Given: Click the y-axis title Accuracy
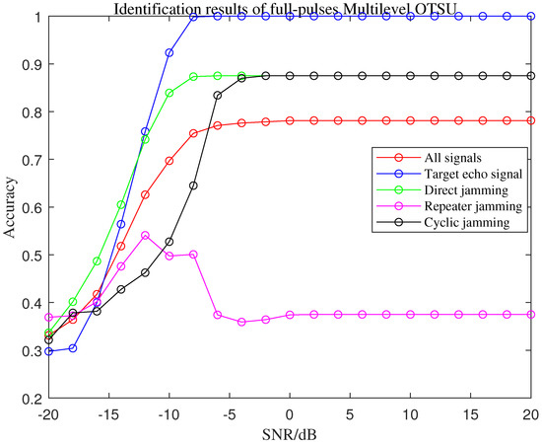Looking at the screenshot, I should [12, 206].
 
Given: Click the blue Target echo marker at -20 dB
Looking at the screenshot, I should [48, 350].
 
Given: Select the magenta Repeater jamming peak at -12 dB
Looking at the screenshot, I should [145, 235].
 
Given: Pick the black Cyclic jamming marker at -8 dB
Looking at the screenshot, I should [193, 185].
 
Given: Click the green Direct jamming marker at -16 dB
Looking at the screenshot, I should [97, 260].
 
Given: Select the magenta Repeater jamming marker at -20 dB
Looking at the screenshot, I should [48, 317].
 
